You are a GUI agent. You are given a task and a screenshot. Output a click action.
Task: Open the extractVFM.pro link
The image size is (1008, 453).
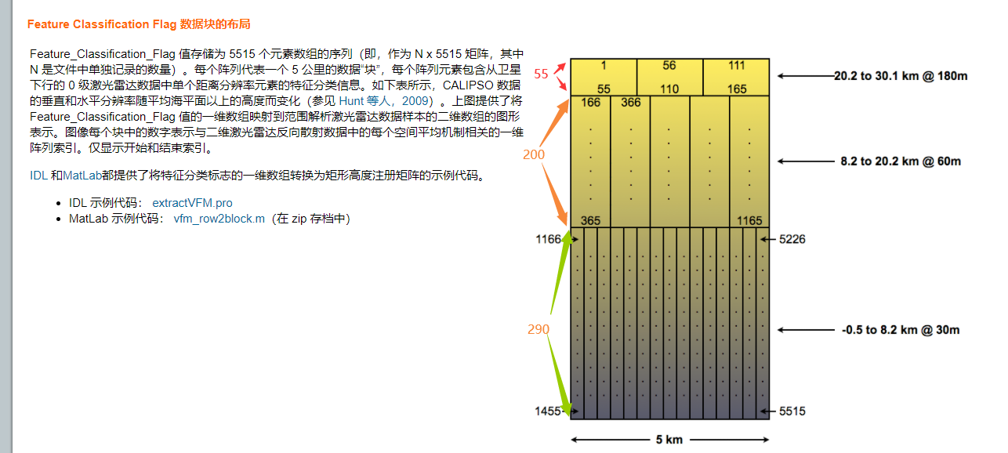(x=192, y=203)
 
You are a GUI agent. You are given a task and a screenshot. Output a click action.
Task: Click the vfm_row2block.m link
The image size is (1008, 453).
(x=219, y=219)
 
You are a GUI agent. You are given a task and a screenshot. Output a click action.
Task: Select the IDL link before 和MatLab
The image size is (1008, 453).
(x=38, y=176)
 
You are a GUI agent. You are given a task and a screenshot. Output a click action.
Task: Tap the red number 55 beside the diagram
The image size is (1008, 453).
(x=542, y=74)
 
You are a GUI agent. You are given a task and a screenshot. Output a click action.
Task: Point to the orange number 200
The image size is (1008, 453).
(x=534, y=155)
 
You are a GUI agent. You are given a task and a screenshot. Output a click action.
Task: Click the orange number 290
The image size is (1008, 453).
(x=538, y=330)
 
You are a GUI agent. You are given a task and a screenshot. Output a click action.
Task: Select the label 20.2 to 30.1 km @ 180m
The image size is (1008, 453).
(x=901, y=76)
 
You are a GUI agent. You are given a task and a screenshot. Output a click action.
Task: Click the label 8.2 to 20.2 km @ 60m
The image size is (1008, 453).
(x=901, y=161)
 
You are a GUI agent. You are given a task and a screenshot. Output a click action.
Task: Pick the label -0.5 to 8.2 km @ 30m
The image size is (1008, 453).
(x=901, y=330)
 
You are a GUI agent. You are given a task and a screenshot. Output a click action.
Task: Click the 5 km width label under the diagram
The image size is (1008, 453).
(x=669, y=440)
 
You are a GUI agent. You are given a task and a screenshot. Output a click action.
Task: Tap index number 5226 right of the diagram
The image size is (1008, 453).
(x=792, y=239)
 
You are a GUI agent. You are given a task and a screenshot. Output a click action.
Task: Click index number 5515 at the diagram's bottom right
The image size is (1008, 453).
(x=792, y=411)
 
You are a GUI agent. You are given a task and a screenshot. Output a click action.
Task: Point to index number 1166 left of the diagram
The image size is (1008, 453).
(x=549, y=239)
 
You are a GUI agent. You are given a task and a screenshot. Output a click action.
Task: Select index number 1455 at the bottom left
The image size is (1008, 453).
(x=549, y=411)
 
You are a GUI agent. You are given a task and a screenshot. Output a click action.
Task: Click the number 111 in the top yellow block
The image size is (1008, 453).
(x=737, y=66)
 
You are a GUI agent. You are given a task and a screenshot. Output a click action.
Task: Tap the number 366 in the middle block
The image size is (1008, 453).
(x=631, y=103)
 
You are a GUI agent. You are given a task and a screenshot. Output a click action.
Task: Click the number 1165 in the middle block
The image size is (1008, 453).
(x=749, y=221)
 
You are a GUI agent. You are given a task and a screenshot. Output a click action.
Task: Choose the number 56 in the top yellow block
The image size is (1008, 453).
(x=669, y=66)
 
